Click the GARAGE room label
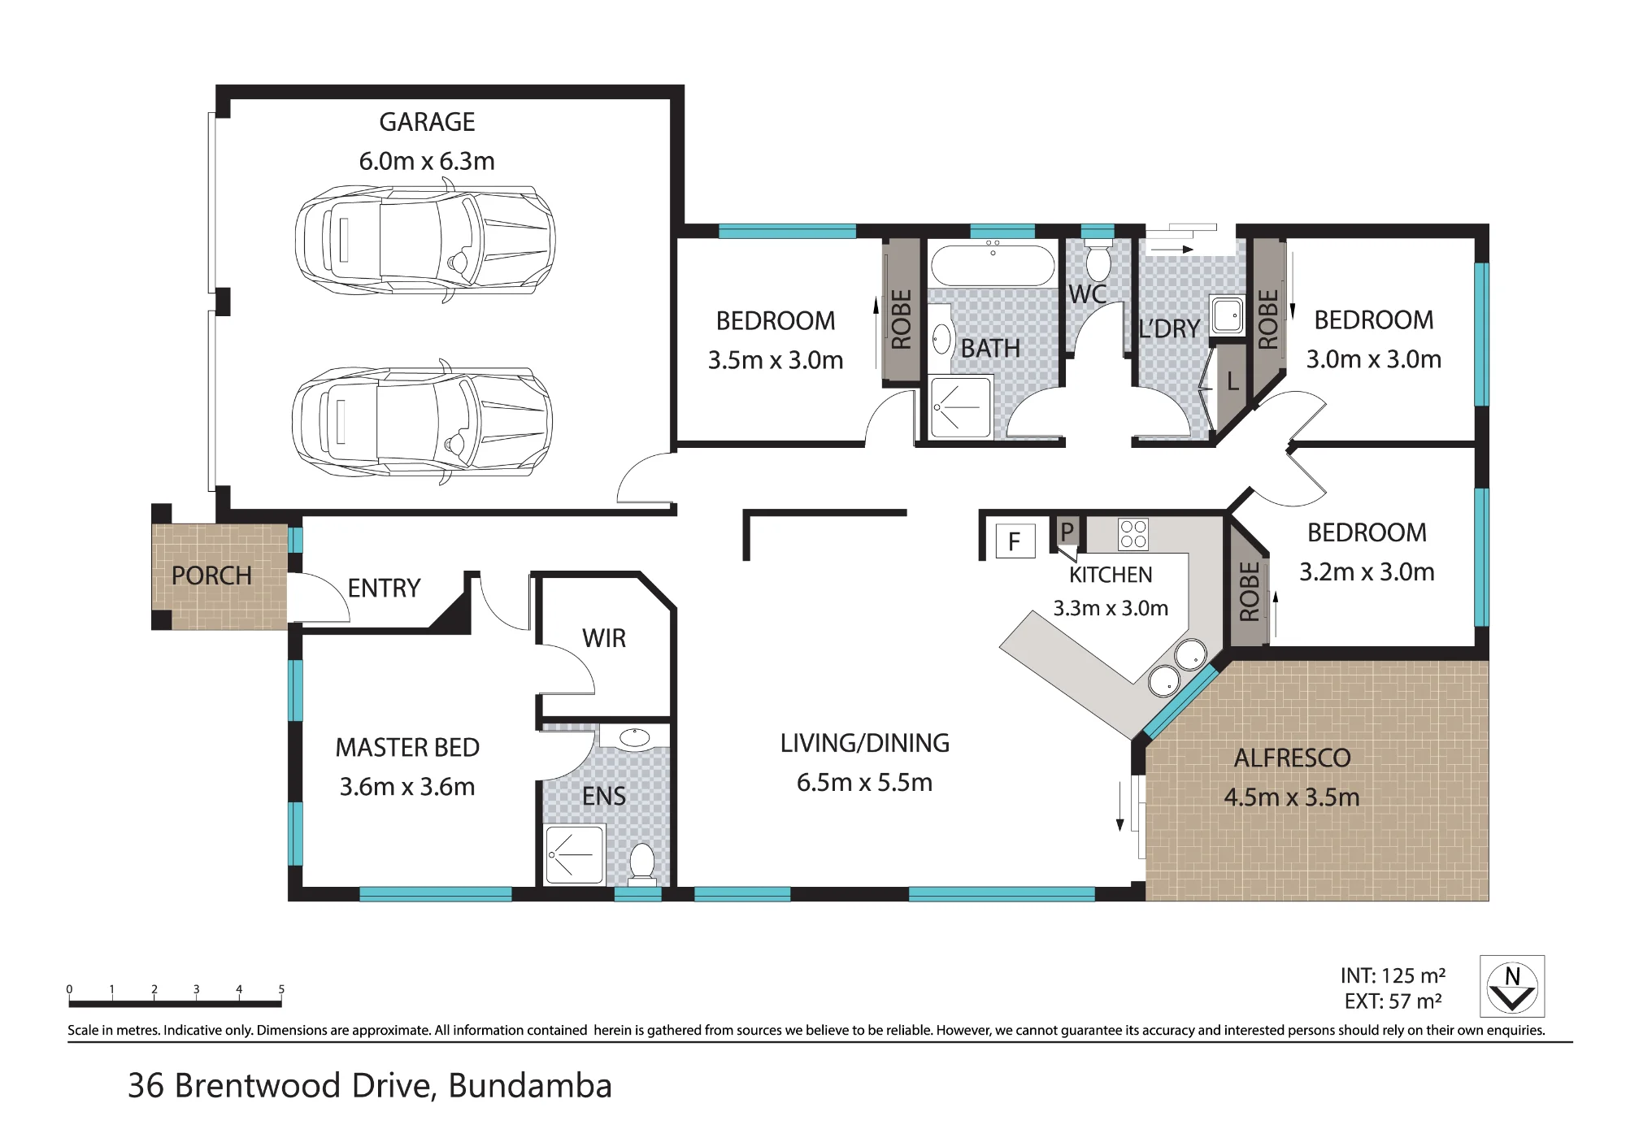(x=427, y=122)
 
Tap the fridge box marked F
(x=1015, y=541)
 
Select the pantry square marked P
(x=1067, y=532)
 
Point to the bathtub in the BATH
(x=993, y=265)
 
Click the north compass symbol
(x=1512, y=987)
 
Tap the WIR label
(x=604, y=639)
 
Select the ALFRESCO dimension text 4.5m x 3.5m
(x=1292, y=797)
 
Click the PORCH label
(x=211, y=576)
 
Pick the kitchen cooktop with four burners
(x=1133, y=534)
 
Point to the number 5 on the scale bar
(x=281, y=989)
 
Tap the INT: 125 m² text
(x=1393, y=975)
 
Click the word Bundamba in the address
(x=530, y=1086)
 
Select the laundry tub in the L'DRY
(x=1228, y=315)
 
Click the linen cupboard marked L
(x=1232, y=382)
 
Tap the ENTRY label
(x=384, y=589)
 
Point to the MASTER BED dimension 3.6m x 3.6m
(x=407, y=787)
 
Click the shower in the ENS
(x=575, y=855)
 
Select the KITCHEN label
(x=1111, y=576)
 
